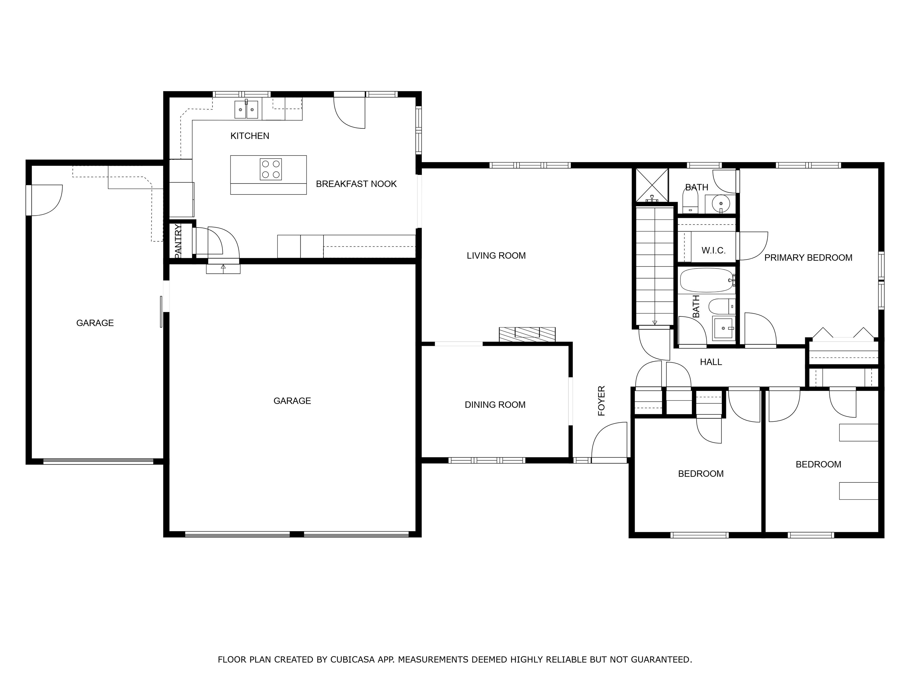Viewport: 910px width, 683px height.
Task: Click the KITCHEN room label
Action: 249,136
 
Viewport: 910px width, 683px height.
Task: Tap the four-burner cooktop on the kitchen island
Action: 271,169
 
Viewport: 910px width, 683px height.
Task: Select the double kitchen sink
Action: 246,109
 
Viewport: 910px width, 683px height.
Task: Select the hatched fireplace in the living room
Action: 527,334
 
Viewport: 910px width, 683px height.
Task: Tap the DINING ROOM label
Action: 495,405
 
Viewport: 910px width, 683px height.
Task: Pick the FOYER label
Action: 601,400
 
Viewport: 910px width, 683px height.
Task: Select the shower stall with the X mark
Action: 652,185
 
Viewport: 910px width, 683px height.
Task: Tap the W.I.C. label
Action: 713,250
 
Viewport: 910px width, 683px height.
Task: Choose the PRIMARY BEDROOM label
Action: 808,258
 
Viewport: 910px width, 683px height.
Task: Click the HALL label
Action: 711,362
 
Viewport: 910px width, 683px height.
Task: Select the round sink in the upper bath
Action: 721,203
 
